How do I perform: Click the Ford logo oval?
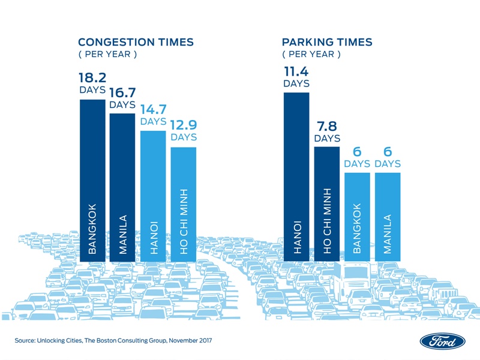click(442, 341)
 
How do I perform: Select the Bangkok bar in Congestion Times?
click(92, 180)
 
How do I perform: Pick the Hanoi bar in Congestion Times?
click(153, 196)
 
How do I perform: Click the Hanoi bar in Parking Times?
click(296, 177)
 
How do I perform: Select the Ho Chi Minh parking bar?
click(327, 204)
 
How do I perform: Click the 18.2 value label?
click(92, 79)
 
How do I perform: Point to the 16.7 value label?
click(122, 92)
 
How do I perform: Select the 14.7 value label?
click(153, 109)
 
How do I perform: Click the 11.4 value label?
click(296, 71)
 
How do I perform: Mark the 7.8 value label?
click(327, 125)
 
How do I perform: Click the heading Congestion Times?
click(136, 42)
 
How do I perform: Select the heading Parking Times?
click(327, 42)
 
